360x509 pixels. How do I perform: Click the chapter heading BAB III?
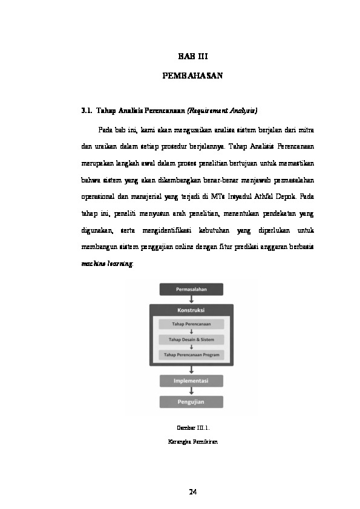point(192,57)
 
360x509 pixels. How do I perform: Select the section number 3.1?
point(86,111)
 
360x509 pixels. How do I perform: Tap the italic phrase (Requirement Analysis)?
point(222,111)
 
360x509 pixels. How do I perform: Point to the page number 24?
point(192,491)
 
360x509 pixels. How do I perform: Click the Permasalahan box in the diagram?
point(191,289)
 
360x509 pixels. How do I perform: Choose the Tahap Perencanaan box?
point(191,325)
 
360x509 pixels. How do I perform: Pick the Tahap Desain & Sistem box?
point(191,340)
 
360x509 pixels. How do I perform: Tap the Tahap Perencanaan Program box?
point(191,355)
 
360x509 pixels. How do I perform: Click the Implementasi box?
point(191,381)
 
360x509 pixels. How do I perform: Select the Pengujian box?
point(191,401)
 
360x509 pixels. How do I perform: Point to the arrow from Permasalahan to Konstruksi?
point(191,299)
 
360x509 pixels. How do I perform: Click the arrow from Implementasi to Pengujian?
point(191,391)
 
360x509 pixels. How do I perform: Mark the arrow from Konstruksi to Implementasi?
point(191,369)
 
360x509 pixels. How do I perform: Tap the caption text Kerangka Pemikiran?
point(192,441)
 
